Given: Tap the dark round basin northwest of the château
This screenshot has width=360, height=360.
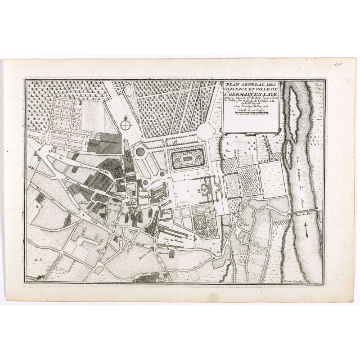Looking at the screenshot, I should pos(141,152).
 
